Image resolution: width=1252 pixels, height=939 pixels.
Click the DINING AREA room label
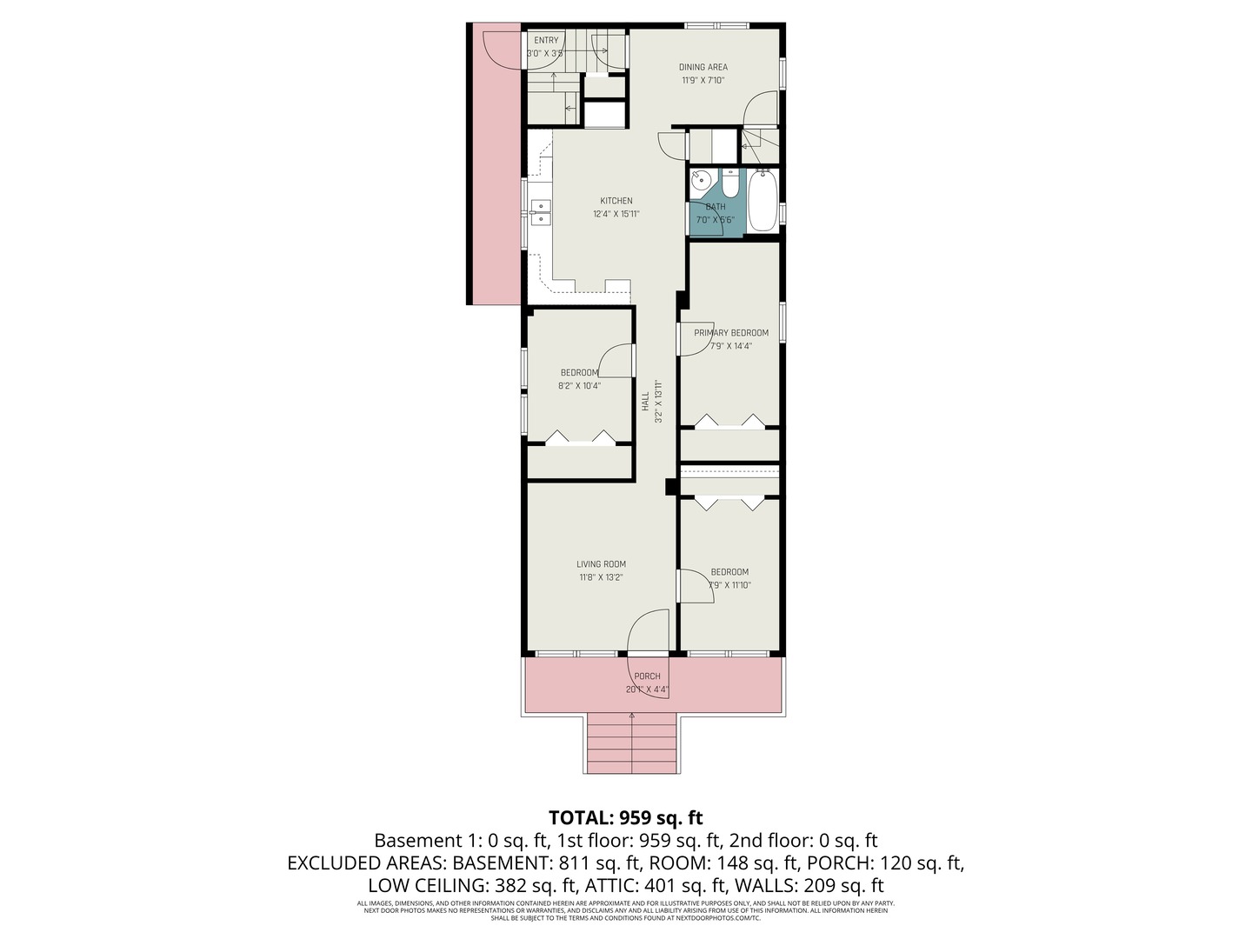[x=703, y=67]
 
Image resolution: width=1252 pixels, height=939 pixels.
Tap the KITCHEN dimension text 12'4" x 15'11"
[x=616, y=214]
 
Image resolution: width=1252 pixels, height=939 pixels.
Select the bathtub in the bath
[x=762, y=201]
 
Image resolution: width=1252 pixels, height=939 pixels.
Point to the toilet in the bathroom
[x=729, y=183]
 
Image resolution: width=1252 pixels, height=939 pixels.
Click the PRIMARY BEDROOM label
[x=730, y=333]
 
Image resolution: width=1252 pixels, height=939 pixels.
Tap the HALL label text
[x=645, y=402]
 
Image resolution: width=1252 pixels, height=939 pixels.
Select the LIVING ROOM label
[x=601, y=564]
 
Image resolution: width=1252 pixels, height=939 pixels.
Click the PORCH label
[x=647, y=676]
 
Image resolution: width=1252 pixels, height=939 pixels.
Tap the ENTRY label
[x=546, y=41]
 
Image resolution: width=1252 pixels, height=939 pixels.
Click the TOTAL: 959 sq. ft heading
[x=625, y=817]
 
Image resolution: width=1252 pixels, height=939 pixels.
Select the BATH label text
[x=716, y=207]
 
